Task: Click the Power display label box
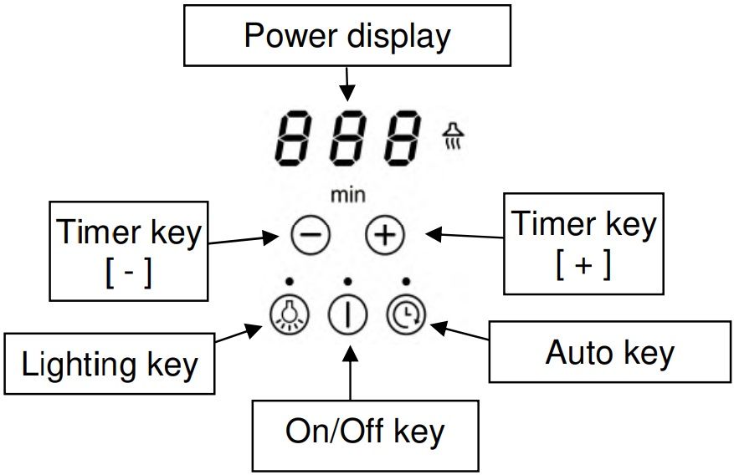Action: tap(347, 35)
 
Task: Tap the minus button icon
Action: tap(311, 236)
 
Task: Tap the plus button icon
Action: tap(384, 236)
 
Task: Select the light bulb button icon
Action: tap(290, 314)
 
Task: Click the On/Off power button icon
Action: tap(348, 315)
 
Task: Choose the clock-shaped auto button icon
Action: tap(407, 314)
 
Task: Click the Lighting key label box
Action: tap(110, 365)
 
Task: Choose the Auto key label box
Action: tap(609, 353)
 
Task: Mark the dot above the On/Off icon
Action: tap(347, 281)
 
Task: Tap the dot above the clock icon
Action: tap(406, 281)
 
